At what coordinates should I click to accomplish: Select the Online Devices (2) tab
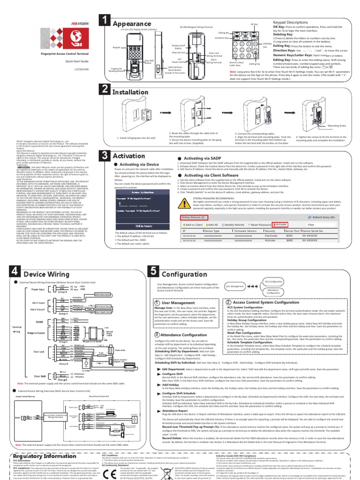pyautogui.click(x=193, y=217)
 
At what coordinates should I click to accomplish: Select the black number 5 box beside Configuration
pyautogui.click(x=154, y=271)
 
